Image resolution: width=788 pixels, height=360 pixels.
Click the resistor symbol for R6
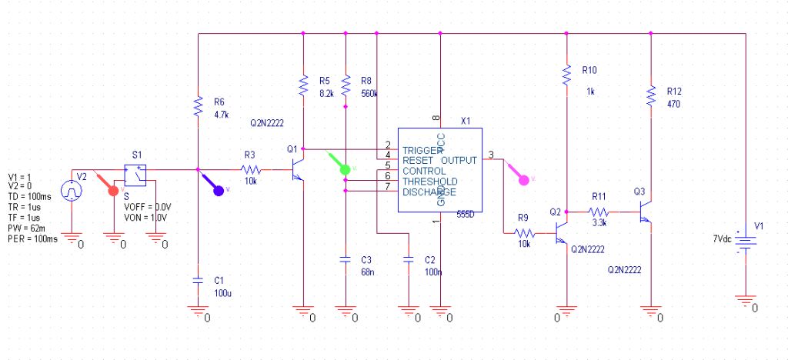point(198,107)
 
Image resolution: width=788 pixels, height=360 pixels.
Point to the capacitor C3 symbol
point(346,261)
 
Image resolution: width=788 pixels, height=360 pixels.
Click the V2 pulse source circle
point(72,188)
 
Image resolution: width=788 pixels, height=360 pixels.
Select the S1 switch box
point(136,175)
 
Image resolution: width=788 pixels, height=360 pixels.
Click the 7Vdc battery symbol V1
point(745,239)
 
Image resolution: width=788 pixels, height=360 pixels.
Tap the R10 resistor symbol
point(566,75)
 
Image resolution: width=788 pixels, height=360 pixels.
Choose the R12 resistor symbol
point(651,95)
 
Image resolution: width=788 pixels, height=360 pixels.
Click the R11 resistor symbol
point(599,211)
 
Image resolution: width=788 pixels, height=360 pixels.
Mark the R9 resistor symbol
point(524,232)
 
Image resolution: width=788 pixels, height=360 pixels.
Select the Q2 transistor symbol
point(561,232)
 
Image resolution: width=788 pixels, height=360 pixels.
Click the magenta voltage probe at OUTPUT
point(526,180)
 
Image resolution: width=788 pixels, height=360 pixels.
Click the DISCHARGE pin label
point(429,192)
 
